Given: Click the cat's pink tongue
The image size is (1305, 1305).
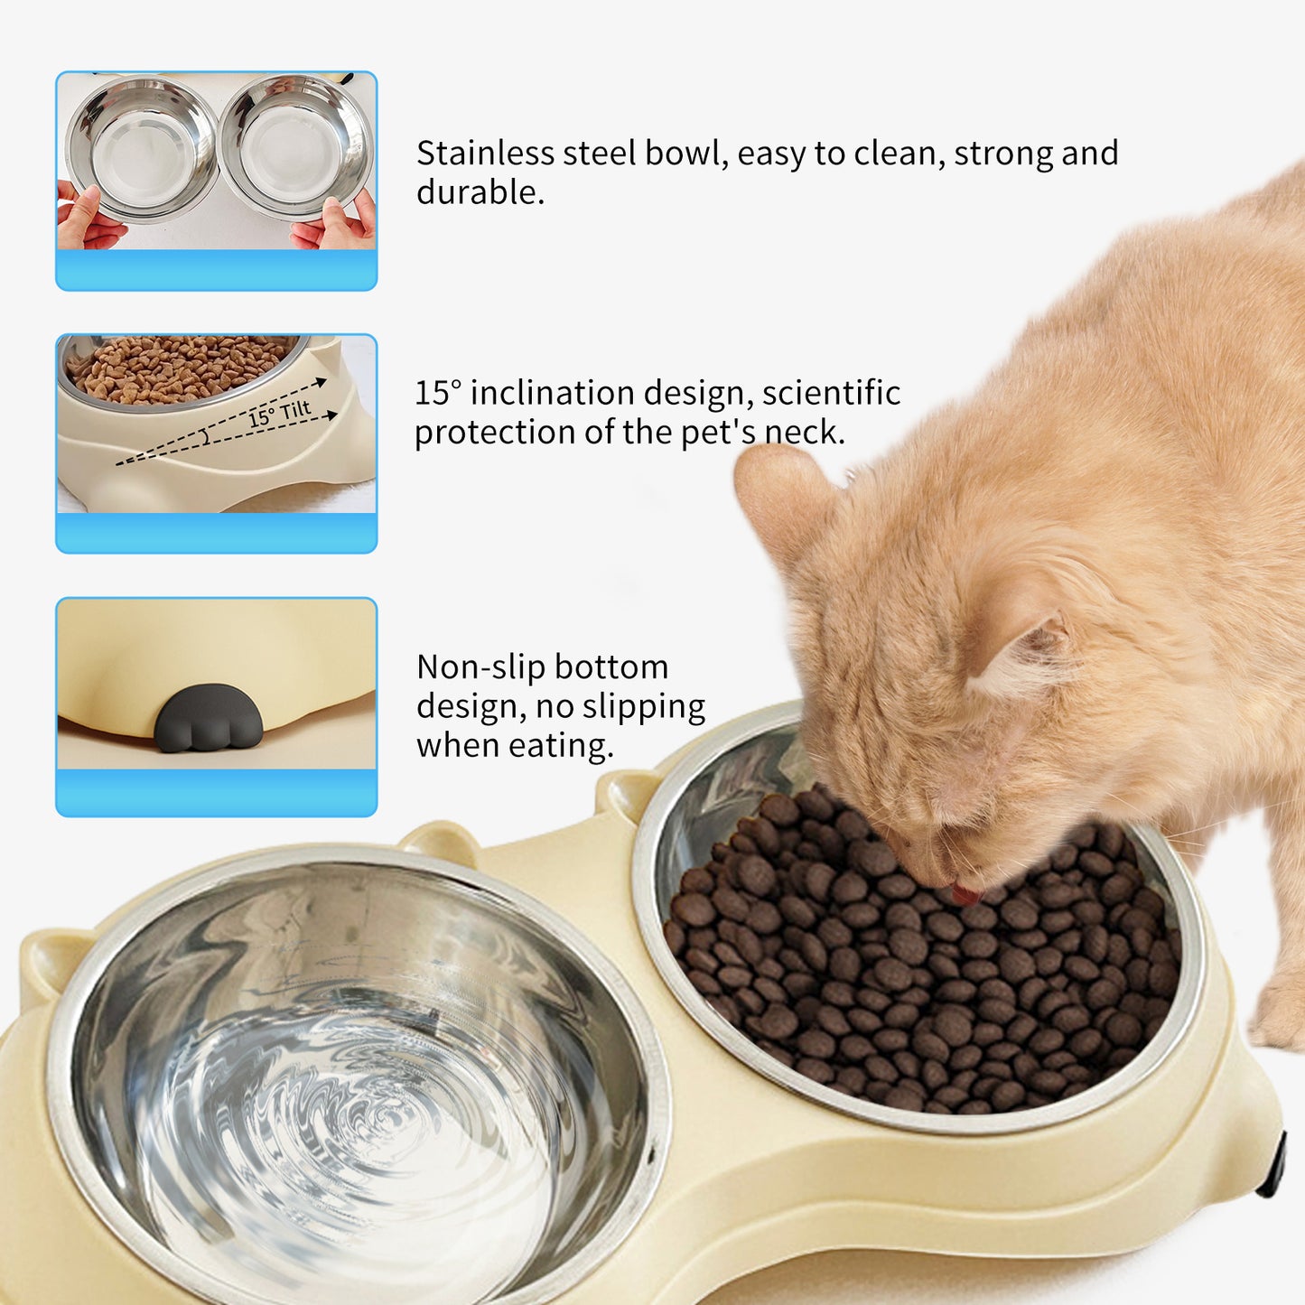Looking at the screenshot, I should tap(965, 894).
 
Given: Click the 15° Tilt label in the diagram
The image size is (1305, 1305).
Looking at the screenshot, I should tap(279, 414).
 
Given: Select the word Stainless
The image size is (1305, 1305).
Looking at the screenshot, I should tap(485, 154).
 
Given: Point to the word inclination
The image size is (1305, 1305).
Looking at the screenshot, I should tap(552, 394).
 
